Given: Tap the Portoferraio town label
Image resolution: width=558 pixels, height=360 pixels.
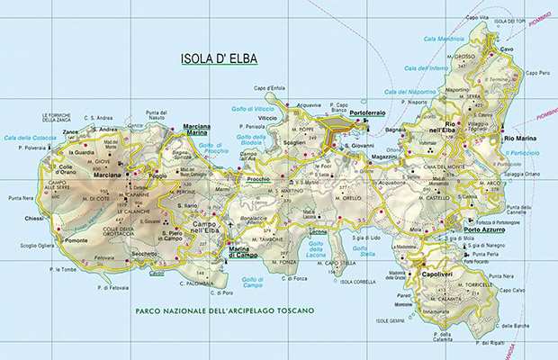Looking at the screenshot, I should tap(368, 112).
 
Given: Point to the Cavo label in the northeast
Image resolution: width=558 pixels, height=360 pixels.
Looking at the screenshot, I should tap(508, 49).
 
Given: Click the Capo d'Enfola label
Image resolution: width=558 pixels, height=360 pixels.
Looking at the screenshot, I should tap(267, 87).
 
